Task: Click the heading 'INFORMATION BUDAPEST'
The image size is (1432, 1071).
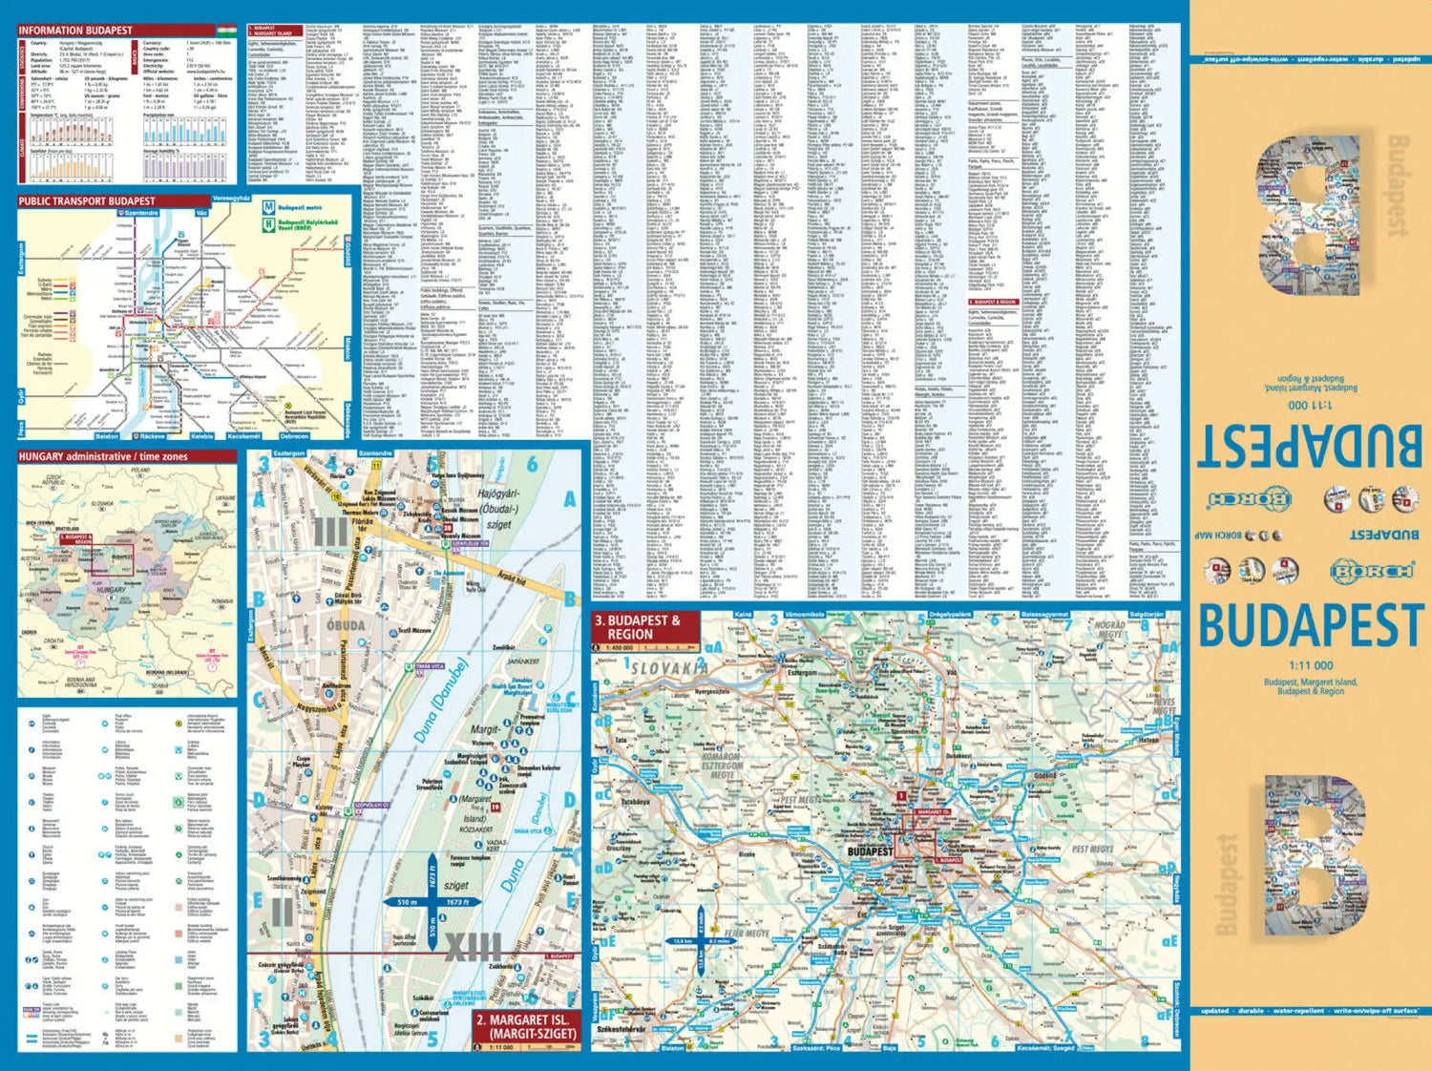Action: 75,31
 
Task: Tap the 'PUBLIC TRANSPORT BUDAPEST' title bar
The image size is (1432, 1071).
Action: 87,201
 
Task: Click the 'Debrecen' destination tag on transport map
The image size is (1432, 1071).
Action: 294,436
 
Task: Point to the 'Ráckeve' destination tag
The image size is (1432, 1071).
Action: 152,436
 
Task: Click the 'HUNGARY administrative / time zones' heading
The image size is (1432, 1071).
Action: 103,457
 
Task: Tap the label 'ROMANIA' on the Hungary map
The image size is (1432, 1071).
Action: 221,601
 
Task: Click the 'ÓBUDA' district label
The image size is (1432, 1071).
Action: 346,625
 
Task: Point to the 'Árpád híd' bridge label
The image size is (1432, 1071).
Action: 512,577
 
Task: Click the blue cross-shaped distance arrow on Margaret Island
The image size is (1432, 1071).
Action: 432,901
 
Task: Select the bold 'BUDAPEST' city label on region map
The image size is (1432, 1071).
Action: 871,850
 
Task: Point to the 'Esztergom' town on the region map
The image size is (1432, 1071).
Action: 802,672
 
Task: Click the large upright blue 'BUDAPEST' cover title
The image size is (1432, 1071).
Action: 1310,626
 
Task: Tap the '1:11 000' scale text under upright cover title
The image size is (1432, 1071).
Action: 1311,665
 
